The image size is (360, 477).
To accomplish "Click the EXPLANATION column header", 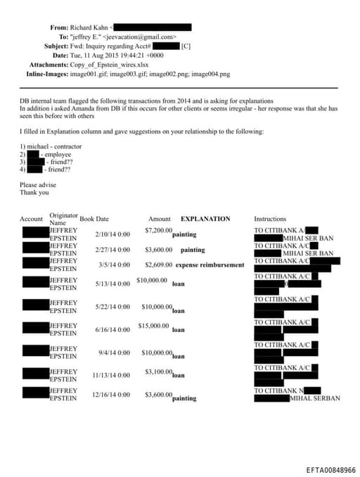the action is (x=205, y=219).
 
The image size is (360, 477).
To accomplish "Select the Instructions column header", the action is (x=270, y=219).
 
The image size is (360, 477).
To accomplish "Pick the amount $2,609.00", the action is (x=158, y=265).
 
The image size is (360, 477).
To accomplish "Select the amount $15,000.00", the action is (x=155, y=326).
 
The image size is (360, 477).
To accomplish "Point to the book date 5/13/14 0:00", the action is (x=112, y=284).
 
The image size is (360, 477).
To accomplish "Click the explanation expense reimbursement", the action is (x=210, y=265).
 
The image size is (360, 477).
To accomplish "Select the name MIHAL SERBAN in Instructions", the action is (x=316, y=398).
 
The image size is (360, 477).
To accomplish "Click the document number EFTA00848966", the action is (x=330, y=469).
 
